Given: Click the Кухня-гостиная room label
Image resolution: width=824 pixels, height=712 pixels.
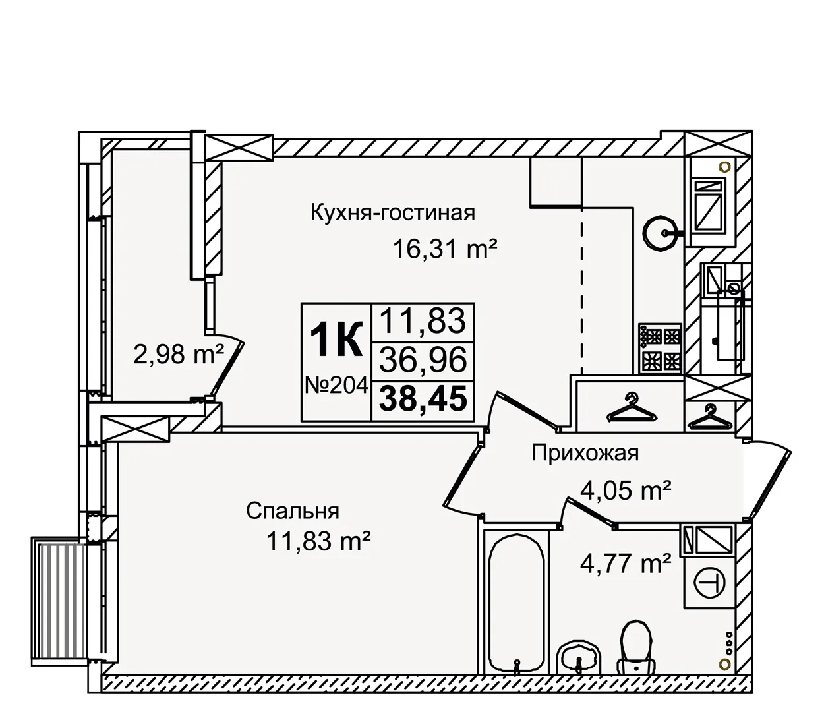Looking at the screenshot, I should coord(393,213).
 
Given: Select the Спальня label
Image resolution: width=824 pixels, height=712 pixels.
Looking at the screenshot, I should coord(293,510).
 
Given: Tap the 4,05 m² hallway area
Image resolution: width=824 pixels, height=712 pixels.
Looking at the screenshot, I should coord(626,490).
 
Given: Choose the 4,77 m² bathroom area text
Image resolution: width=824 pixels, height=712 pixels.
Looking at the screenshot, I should coord(626,563).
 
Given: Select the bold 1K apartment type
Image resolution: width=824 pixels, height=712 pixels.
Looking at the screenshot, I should coord(336,341).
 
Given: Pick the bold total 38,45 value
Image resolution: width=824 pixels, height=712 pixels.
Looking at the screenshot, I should coord(425,400).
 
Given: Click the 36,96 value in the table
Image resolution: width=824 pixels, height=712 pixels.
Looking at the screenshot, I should coord(425,360).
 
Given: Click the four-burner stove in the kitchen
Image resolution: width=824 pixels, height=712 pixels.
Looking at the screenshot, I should coord(659,349).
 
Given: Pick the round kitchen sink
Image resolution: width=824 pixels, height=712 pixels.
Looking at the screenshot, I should coord(660,234).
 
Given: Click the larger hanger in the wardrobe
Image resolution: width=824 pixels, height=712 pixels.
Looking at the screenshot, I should coord(632,409).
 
